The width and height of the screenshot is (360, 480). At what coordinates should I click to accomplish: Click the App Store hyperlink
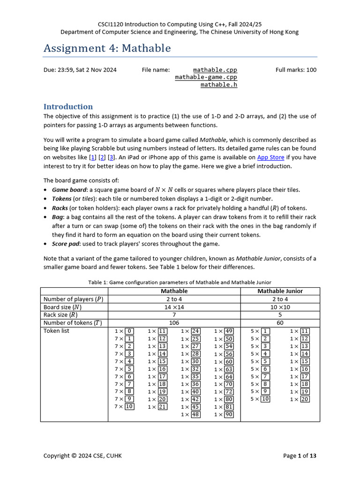(270, 157)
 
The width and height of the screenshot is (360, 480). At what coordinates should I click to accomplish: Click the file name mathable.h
(218, 85)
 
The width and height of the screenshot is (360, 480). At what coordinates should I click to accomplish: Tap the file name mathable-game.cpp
(206, 77)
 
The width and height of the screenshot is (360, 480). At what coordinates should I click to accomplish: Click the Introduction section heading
(68, 106)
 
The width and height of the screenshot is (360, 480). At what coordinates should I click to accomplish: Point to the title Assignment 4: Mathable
(107, 48)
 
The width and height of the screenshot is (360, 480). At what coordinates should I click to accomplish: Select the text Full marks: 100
(296, 70)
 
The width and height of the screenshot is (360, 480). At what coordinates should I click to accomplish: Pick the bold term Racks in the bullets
(60, 208)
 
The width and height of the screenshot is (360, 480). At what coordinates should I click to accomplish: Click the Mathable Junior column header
(280, 291)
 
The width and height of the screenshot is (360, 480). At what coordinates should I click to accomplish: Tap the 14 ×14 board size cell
(174, 307)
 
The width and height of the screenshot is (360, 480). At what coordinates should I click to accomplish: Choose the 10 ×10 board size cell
(280, 307)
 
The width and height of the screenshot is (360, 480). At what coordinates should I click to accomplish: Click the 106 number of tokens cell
(174, 323)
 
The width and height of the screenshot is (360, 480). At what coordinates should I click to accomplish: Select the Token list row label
(59, 331)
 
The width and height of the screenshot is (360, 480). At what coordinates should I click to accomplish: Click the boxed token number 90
(229, 414)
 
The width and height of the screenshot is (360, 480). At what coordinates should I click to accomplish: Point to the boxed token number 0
(129, 331)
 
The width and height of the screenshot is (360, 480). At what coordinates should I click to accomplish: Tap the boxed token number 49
(229, 331)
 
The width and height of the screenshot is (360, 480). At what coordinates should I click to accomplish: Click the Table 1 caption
(180, 282)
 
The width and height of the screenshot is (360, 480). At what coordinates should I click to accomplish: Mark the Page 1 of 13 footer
(300, 456)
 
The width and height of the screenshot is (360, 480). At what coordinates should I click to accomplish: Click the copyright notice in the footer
(82, 456)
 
